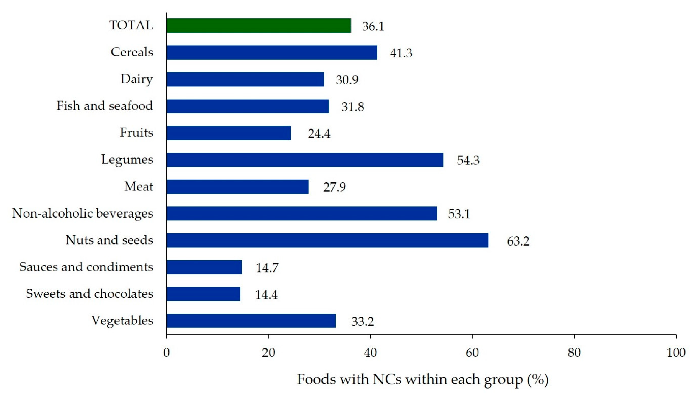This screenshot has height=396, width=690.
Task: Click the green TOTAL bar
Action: pos(259,26)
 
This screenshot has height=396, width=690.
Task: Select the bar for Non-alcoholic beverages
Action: pos(302,214)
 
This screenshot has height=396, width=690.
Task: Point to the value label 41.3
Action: pos(401,53)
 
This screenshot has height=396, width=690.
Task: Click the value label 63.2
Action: pos(518,241)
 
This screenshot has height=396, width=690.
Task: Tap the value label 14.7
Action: pos(267,268)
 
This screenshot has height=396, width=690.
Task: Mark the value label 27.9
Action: pos(334,187)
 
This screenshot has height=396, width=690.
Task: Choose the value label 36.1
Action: pos(373,26)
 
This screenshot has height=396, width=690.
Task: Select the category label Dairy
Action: pos(137,79)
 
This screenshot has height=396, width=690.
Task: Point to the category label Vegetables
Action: pos(122,321)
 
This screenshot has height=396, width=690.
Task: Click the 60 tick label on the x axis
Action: pos(472,353)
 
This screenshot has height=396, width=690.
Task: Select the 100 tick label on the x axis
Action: pos(676,353)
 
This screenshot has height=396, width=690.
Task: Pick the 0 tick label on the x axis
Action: pos(167,353)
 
